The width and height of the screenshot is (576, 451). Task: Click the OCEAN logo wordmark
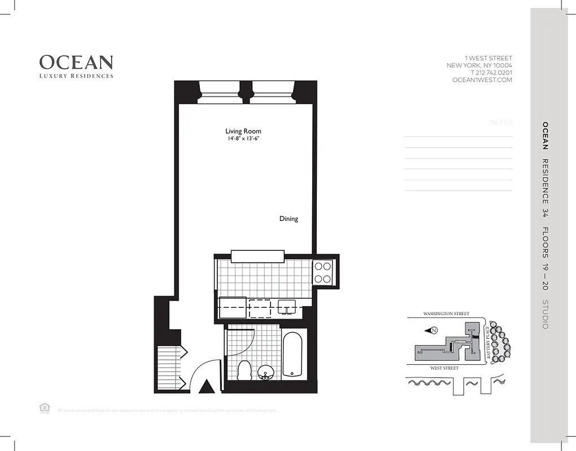[x=76, y=62]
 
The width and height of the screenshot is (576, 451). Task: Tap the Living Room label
[x=243, y=131]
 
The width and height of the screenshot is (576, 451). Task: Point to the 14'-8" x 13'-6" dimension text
[x=243, y=139]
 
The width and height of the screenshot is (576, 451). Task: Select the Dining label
[x=289, y=219]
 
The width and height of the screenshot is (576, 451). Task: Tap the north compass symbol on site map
[x=434, y=330]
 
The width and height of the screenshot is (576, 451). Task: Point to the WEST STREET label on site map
[x=444, y=368]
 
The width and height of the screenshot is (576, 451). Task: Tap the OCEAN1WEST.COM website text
[x=482, y=80]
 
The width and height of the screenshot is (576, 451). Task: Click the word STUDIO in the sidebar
[x=545, y=315]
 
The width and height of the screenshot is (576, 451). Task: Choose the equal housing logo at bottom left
[x=43, y=408]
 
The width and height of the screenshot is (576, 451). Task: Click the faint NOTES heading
[x=501, y=122]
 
